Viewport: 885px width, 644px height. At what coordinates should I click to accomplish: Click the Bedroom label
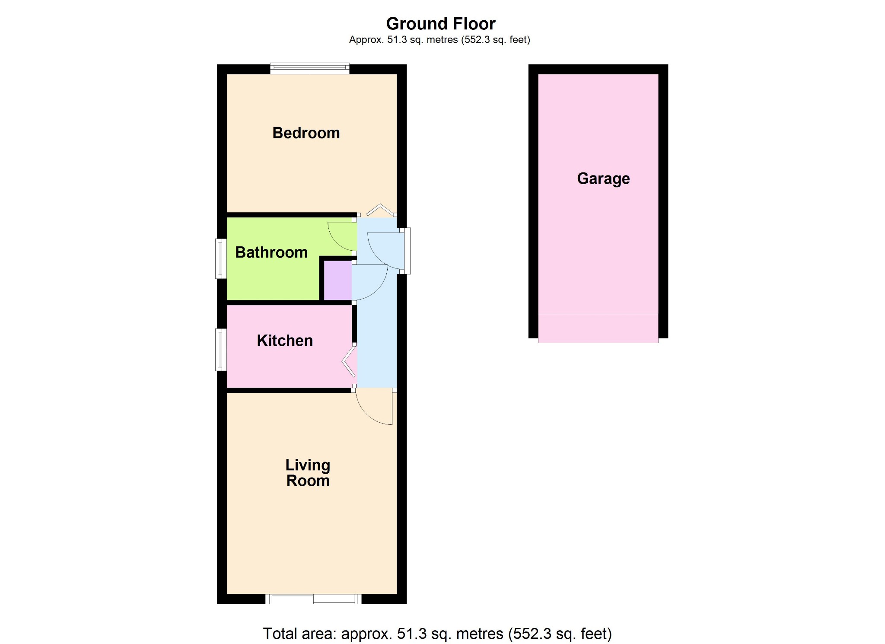306,133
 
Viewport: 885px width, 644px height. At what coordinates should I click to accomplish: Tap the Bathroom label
271,252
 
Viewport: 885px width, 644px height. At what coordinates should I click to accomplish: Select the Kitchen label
285,341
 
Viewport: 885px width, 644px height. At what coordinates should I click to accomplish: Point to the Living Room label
308,473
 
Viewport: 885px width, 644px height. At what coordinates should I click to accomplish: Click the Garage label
603,179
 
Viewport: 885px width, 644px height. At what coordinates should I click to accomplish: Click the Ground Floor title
441,23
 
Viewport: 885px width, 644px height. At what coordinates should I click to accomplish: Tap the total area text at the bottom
437,634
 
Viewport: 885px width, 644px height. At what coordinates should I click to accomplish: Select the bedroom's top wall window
310,68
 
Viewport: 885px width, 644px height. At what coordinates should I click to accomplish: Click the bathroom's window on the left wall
221,258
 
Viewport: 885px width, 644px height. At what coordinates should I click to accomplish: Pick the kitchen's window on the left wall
221,350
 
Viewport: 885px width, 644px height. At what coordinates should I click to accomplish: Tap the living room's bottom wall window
313,599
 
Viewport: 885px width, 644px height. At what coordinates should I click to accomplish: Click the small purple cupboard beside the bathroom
338,281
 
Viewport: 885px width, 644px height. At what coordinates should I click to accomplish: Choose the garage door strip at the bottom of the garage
598,328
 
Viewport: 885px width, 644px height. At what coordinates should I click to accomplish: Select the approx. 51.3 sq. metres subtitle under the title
439,40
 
